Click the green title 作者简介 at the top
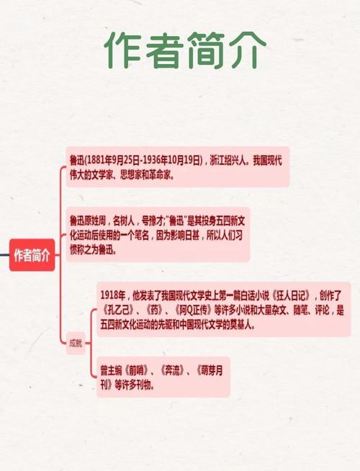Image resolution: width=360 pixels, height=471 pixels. (x=185, y=50)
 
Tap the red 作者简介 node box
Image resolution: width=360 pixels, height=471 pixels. (x=32, y=255)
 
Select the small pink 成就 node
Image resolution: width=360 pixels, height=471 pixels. (x=76, y=343)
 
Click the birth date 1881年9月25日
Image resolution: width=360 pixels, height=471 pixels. (x=113, y=161)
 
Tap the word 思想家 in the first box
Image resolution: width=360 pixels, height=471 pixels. (x=130, y=175)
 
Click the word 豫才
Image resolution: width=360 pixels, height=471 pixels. (x=156, y=221)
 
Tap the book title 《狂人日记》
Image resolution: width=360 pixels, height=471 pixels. (x=291, y=296)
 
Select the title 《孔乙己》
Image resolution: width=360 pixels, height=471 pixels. (x=118, y=310)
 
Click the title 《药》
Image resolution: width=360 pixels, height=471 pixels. (x=154, y=310)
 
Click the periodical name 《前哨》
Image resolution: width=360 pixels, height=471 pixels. (x=136, y=371)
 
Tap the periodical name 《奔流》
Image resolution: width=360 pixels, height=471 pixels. (x=172, y=371)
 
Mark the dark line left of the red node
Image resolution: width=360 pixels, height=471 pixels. (x=4, y=255)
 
